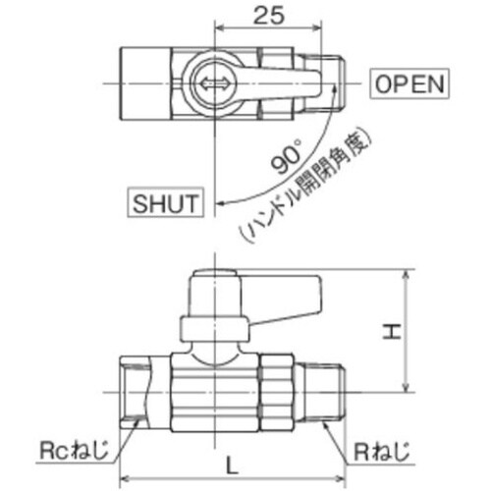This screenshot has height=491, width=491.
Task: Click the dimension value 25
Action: pyautogui.click(x=269, y=15)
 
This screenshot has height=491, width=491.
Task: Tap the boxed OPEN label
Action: pyautogui.click(x=409, y=83)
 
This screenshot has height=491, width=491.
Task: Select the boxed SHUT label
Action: pyautogui.click(x=165, y=202)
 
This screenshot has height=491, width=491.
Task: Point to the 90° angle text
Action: pyautogui.click(x=287, y=156)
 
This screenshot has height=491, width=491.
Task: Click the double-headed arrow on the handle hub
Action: pyautogui.click(x=214, y=83)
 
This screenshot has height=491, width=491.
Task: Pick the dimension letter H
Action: pyautogui.click(x=392, y=331)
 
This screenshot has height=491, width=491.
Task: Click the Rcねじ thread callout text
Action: pyautogui.click(x=74, y=450)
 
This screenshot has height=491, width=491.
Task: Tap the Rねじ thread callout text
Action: pyautogui.click(x=382, y=452)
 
